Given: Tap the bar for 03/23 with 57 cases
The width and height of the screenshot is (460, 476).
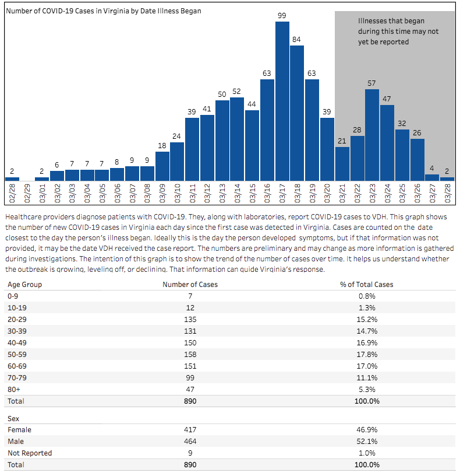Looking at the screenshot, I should point(372,135).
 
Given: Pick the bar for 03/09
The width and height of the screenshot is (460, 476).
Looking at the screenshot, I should point(162,166).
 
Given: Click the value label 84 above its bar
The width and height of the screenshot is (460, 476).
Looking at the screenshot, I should point(297,40).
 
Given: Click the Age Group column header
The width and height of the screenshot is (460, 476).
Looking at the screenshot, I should point(24,285).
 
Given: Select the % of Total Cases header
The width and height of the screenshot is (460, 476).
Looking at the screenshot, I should point(366,285).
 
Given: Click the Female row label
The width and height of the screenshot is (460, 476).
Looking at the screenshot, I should point(19,430).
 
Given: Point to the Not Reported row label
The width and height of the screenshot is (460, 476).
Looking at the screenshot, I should point(30,453).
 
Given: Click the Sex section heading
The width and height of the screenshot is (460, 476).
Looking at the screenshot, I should point(13,418).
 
